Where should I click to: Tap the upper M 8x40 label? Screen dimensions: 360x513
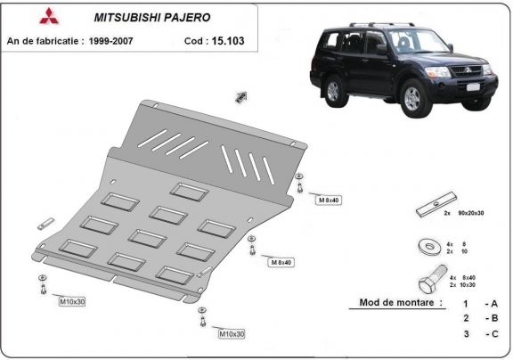click(x=329, y=200)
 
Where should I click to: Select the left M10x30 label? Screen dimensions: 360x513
click(x=73, y=303)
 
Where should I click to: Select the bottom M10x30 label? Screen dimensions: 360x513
click(x=231, y=333)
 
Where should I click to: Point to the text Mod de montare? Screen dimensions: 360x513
click(x=401, y=302)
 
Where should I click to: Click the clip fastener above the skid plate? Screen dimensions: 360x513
click(x=241, y=95)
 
